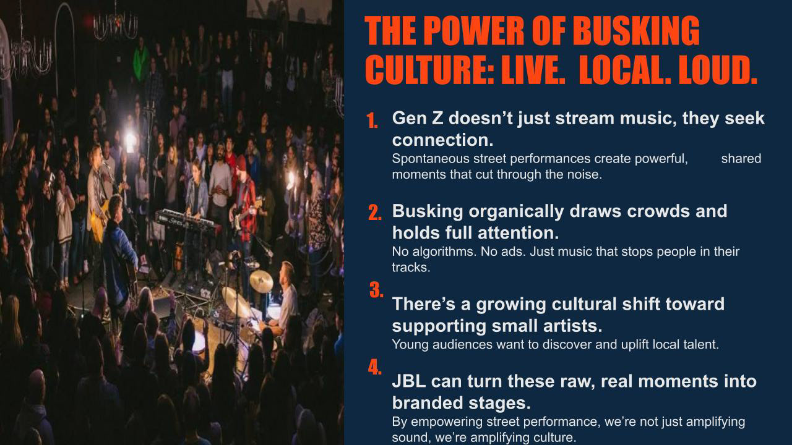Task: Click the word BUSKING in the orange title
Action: tap(636, 31)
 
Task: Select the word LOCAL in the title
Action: tap(625, 70)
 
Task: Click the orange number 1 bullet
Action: tap(372, 121)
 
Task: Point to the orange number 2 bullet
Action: tap(375, 213)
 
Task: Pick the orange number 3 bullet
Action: tap(376, 290)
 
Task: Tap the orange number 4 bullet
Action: tap(375, 368)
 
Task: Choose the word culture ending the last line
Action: tap(553, 438)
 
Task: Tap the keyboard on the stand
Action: tap(187, 221)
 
